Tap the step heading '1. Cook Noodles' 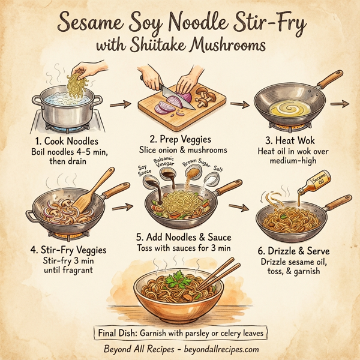coord(58,141)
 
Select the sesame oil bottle coord(316,178)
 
